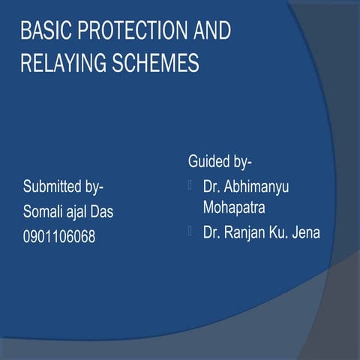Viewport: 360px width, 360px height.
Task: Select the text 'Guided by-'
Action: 220,161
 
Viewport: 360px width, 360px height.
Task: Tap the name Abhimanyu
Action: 257,185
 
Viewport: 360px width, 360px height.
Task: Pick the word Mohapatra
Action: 235,204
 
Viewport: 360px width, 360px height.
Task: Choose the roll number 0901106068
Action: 59,238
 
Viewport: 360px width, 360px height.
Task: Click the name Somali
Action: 44,212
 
